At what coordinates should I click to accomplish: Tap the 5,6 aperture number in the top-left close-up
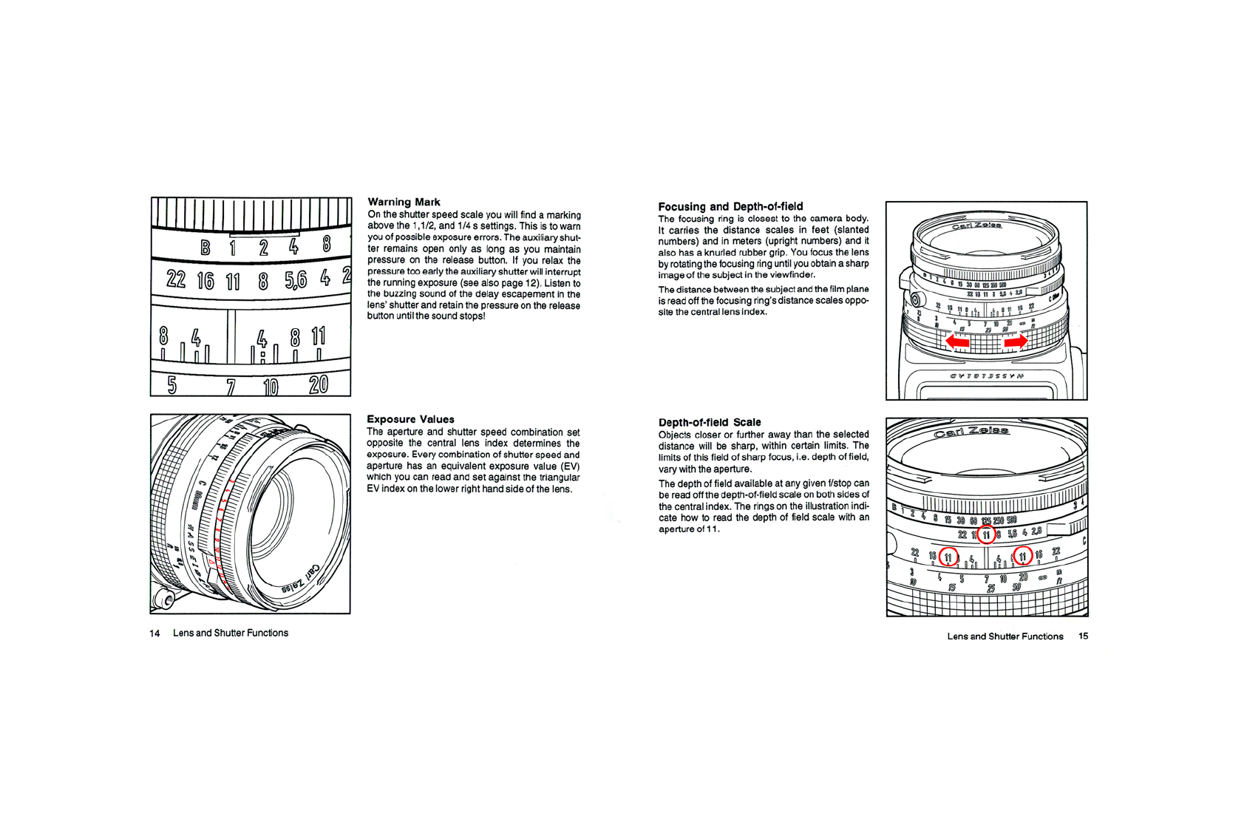(x=295, y=280)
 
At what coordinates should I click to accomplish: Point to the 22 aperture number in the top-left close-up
(x=176, y=279)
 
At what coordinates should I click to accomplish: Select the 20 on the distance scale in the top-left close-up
(x=319, y=384)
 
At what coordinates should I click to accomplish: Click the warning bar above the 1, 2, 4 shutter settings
(x=265, y=234)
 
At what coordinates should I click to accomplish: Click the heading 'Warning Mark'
(x=404, y=202)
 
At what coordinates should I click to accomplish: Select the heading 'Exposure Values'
(x=410, y=419)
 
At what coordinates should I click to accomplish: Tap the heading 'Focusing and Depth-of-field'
(x=730, y=206)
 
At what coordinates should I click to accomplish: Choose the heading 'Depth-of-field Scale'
(x=710, y=422)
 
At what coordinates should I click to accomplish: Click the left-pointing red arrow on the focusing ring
(x=958, y=342)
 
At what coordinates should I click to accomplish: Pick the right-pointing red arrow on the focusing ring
(x=1016, y=342)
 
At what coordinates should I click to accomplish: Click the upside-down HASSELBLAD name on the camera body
(x=987, y=376)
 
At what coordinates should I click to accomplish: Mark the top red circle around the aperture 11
(x=986, y=534)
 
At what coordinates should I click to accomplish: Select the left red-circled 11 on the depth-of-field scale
(x=948, y=556)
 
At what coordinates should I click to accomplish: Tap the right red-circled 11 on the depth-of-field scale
(x=1022, y=556)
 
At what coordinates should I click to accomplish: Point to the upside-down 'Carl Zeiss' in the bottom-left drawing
(x=302, y=581)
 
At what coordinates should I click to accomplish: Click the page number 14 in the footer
(x=154, y=634)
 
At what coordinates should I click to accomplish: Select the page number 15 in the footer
(x=1083, y=636)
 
